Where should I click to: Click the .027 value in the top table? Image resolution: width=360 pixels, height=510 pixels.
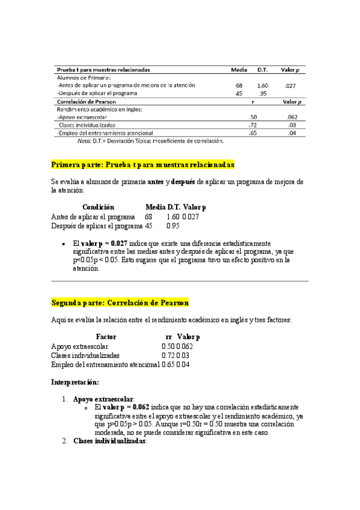(x=290, y=86)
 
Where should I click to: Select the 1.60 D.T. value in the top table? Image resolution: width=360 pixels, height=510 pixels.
(x=262, y=86)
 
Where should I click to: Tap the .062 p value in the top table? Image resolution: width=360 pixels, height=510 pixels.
(x=291, y=117)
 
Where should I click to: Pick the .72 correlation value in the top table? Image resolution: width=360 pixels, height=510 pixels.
(x=253, y=125)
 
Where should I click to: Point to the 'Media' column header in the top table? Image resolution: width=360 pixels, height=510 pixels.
(x=239, y=69)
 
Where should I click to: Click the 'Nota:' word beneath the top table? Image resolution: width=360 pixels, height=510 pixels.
(x=84, y=141)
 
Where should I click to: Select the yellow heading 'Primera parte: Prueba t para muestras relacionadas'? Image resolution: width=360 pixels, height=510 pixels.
(x=143, y=164)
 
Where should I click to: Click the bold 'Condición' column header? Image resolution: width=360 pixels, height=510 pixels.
(x=98, y=206)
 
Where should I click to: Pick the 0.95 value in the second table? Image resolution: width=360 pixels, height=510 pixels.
(x=174, y=226)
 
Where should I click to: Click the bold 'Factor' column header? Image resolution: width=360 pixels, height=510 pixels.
(x=106, y=337)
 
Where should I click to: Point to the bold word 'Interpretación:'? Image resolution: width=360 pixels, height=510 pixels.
(x=75, y=382)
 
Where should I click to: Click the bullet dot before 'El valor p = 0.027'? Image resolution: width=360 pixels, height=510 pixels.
(x=64, y=244)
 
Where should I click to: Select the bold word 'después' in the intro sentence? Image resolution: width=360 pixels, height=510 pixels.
(x=183, y=181)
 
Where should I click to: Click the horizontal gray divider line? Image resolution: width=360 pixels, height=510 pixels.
(x=180, y=280)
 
